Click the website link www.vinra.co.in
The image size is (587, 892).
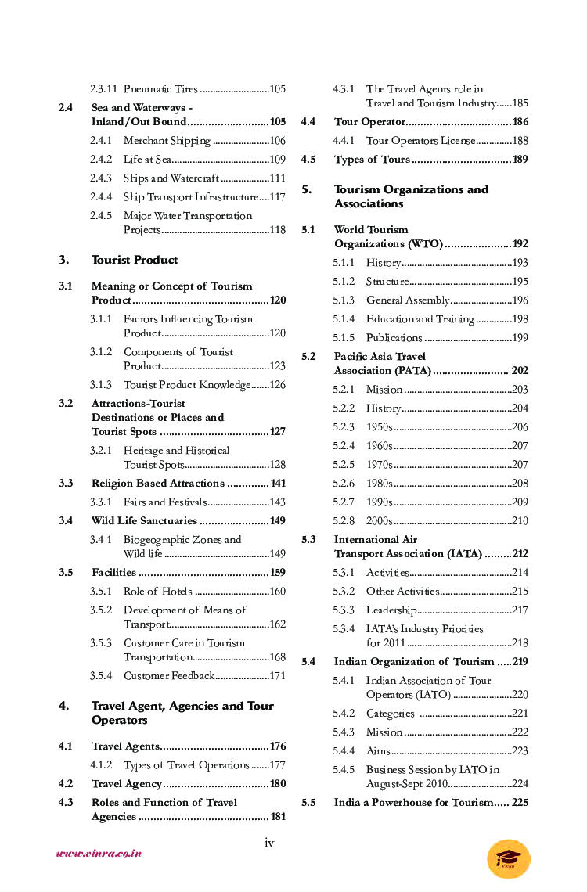tap(99, 854)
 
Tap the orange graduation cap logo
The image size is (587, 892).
tap(508, 858)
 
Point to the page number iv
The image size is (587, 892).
tap(269, 843)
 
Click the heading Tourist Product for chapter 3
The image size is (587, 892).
tap(135, 260)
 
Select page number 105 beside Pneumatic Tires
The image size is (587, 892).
tap(277, 89)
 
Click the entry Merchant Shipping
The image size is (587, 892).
tap(167, 141)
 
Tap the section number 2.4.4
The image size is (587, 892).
tap(100, 197)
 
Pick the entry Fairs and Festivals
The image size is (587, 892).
tap(165, 502)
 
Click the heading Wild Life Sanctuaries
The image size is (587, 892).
tap(144, 521)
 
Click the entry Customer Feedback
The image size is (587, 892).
tap(168, 676)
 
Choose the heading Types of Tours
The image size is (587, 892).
tap(372, 160)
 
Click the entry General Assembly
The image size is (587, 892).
tap(407, 300)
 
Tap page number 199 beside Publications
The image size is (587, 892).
tap(520, 338)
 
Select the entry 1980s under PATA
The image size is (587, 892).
tap(380, 484)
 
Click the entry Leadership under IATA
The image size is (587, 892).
tap(391, 610)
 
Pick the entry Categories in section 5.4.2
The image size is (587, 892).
tap(390, 714)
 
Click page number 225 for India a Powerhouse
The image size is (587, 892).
tap(520, 803)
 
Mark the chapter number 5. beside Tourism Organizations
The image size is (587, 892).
tap(307, 189)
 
